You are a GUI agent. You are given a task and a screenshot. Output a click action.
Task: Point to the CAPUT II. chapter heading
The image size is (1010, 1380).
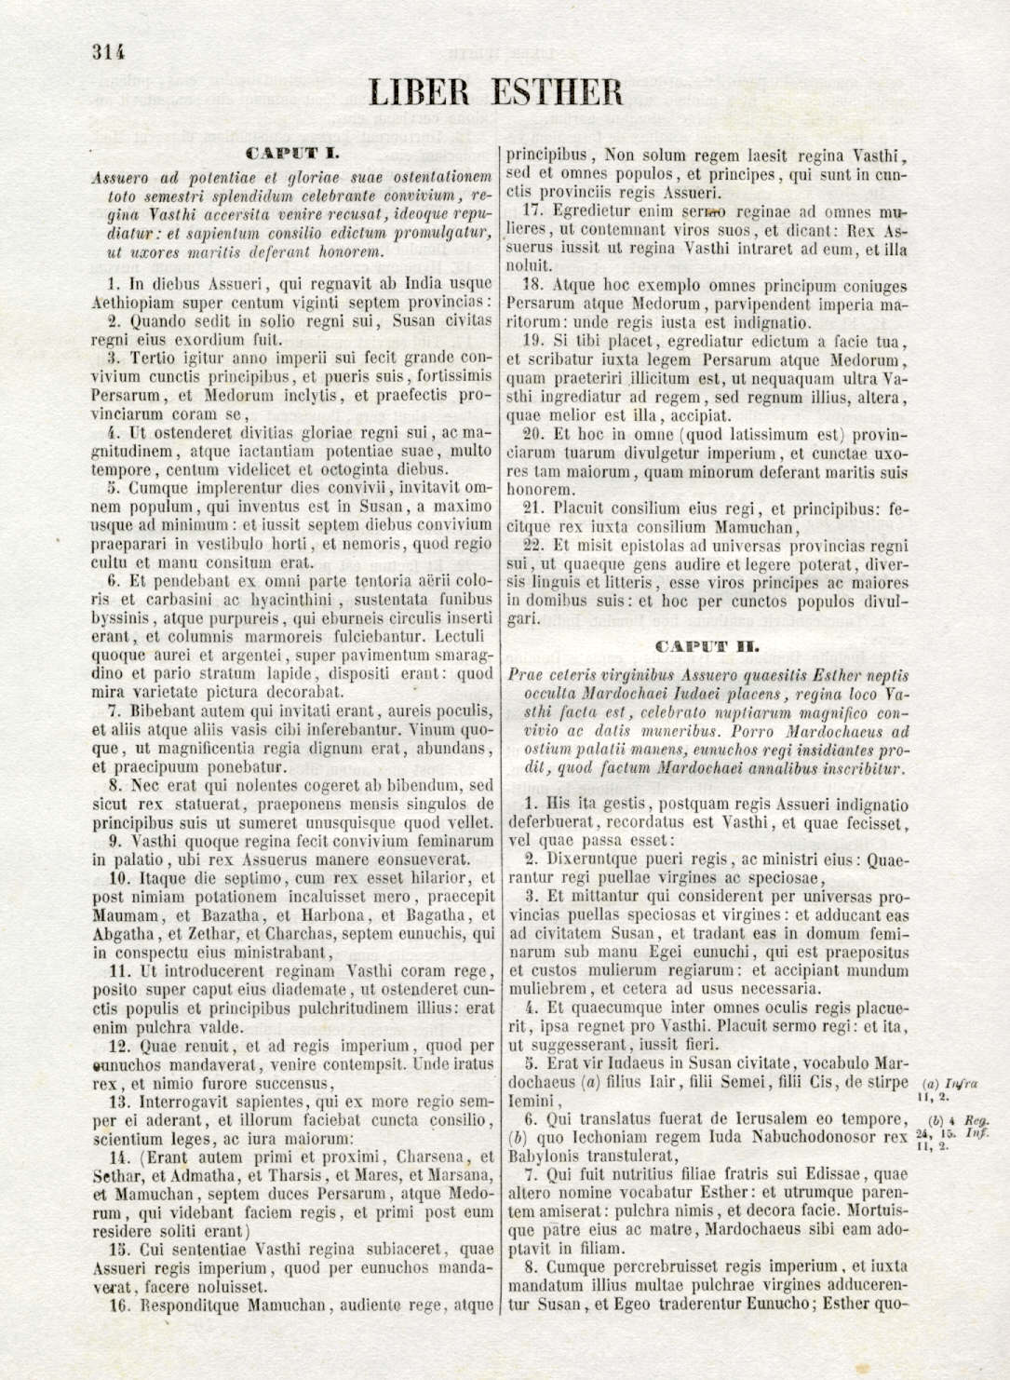707,645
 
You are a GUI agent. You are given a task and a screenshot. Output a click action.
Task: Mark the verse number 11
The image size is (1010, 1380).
116,971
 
